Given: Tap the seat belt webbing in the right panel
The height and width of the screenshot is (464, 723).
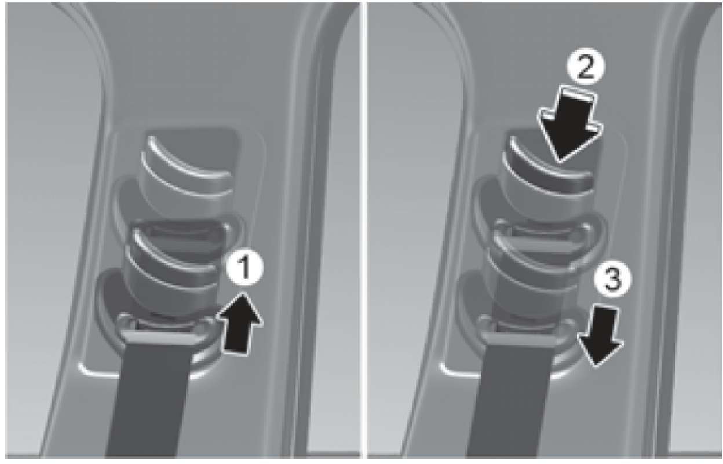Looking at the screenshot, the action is tap(510, 400).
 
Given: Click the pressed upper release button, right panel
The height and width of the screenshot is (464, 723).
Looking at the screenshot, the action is tap(549, 181).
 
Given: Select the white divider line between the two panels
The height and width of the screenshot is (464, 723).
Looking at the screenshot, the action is tap(363, 230).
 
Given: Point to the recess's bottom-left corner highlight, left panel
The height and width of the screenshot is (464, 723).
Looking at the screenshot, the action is tap(89, 371).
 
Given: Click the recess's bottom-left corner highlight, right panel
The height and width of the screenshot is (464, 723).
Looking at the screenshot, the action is tap(450, 371).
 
